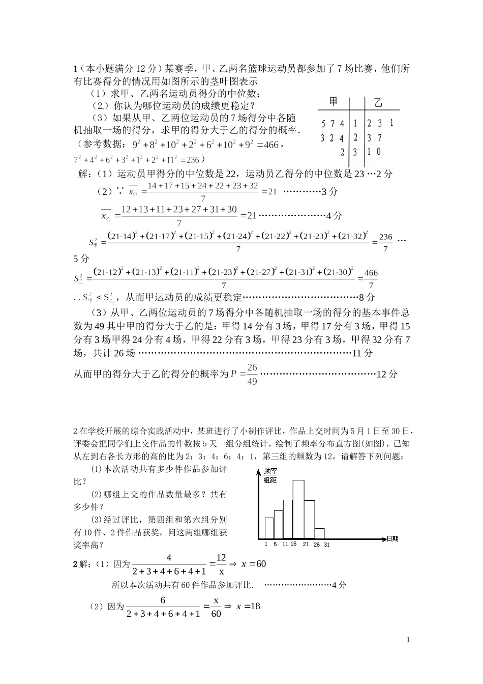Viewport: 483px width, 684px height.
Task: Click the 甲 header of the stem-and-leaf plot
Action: (333, 102)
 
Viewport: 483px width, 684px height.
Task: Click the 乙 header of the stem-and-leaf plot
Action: (378, 103)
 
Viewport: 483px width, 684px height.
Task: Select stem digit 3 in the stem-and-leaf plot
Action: (355, 152)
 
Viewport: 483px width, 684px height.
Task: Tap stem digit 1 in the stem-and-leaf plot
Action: (355, 123)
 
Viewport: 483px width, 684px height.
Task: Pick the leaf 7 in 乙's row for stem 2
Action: (380, 137)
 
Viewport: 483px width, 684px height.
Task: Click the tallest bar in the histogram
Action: (298, 509)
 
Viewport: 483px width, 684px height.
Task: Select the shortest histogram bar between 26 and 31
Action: (319, 533)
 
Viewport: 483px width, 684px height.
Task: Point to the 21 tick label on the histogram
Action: (306, 544)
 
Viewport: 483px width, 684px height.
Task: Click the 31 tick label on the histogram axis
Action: (326, 545)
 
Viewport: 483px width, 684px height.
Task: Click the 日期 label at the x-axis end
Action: (392, 538)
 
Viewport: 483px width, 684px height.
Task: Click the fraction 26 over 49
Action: (252, 374)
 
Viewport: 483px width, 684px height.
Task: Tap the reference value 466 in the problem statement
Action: (272, 145)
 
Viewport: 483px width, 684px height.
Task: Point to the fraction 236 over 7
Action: (386, 243)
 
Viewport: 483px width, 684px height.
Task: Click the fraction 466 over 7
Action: (371, 279)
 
